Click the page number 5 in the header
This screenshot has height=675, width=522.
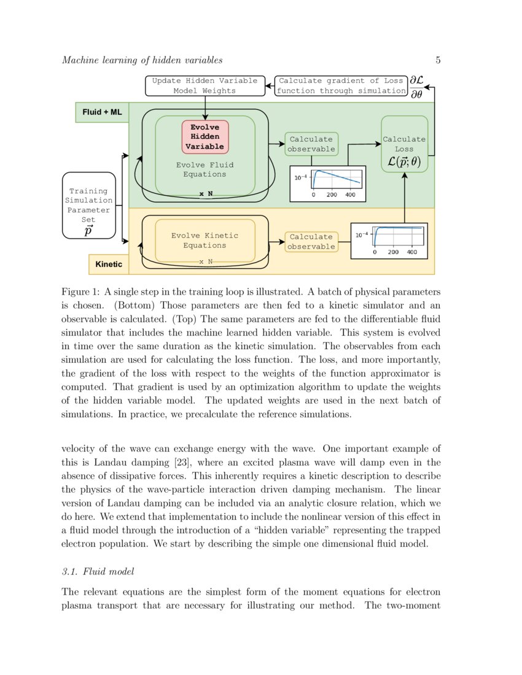tap(438, 60)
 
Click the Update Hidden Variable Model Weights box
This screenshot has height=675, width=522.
tap(205, 85)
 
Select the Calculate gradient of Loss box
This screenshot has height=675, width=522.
tap(341, 85)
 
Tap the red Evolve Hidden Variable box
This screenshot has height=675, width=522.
tap(205, 137)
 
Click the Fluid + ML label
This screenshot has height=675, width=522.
tap(102, 112)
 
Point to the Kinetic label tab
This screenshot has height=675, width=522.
tap(109, 264)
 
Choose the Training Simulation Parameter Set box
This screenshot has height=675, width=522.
tap(89, 205)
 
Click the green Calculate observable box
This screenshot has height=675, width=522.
tap(311, 144)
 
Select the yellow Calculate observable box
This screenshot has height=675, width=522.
tap(311, 242)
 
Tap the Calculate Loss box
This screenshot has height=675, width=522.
tap(404, 144)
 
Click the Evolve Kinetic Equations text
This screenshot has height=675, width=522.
tap(205, 240)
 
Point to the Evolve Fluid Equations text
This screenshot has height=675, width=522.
tap(205, 169)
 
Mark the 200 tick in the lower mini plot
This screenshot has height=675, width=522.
tap(393, 252)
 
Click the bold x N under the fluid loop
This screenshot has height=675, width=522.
tap(206, 194)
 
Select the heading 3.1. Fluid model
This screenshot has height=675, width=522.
tap(98, 572)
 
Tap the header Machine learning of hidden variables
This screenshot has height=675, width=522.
tap(142, 60)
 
